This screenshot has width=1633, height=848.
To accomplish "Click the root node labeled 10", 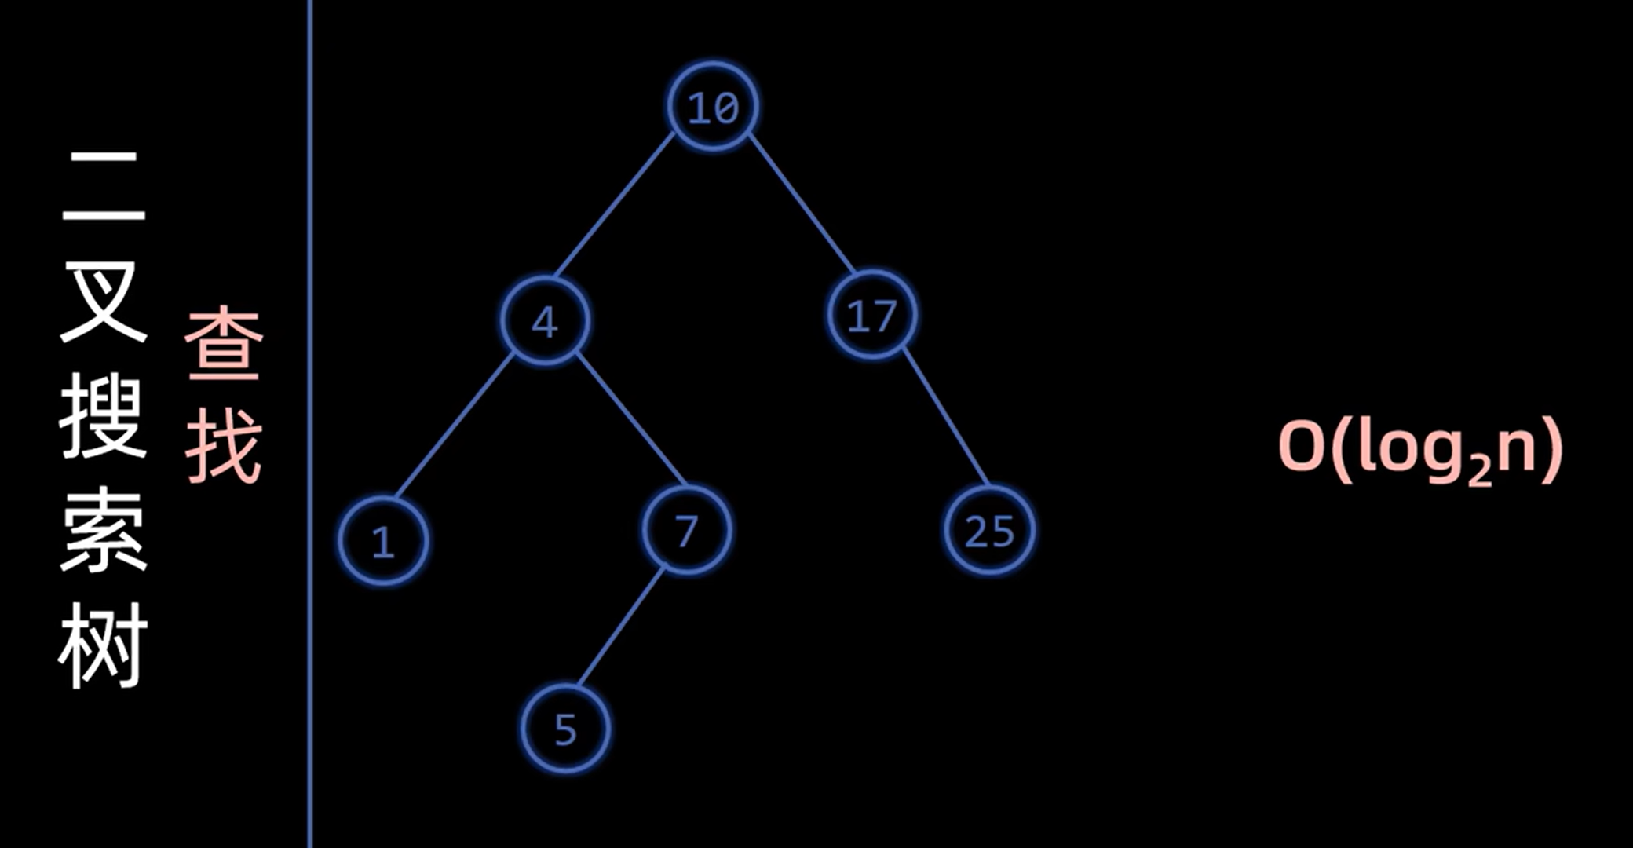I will click(x=713, y=106).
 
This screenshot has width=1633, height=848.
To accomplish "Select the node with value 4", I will click(x=545, y=320).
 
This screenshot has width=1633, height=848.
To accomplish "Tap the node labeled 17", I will click(x=872, y=316).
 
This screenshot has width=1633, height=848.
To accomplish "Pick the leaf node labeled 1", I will click(x=383, y=541).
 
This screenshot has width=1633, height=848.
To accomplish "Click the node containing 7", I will click(x=686, y=531).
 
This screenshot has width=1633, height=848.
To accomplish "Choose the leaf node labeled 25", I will click(x=988, y=531).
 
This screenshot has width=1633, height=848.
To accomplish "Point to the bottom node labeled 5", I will click(x=565, y=729).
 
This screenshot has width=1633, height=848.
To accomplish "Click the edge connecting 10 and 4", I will click(x=614, y=206).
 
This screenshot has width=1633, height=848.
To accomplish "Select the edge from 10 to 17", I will click(x=801, y=204).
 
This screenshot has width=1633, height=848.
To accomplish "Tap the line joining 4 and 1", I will click(x=454, y=426).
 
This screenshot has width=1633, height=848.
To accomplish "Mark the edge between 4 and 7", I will click(x=630, y=419).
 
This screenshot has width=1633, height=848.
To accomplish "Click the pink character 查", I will click(x=225, y=344).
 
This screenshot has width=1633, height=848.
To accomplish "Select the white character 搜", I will click(x=103, y=416).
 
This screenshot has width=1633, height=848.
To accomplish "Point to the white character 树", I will click(x=103, y=645).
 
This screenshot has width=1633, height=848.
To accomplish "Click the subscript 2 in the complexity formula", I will click(x=1479, y=470).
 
